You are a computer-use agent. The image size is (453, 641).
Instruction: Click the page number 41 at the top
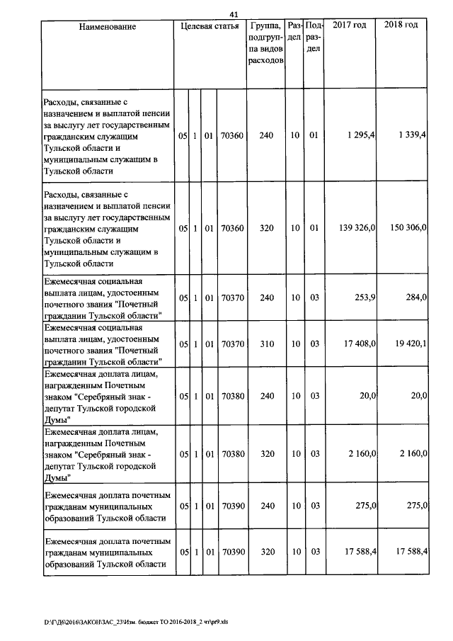234,13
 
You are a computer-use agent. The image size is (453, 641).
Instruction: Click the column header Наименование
107,26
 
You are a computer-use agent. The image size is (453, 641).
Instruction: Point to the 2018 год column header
401,25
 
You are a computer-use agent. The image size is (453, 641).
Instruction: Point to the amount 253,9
365,298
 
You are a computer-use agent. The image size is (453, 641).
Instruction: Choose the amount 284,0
413,298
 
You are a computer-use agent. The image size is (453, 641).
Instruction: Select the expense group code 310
266,344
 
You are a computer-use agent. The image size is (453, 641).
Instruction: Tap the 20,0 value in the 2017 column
367,395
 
